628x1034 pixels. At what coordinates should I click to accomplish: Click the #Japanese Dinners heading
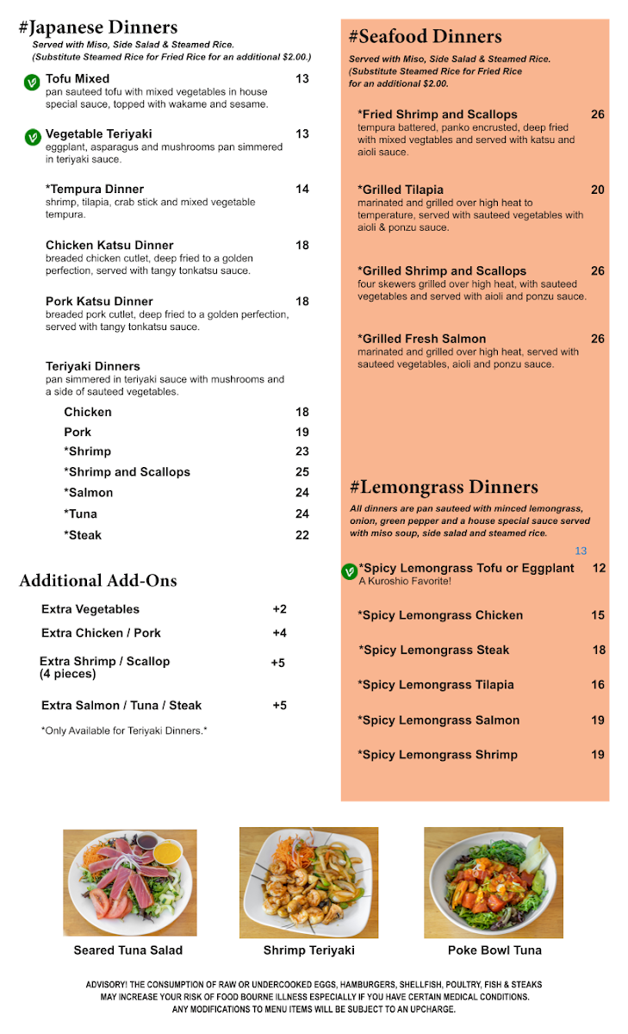(98, 28)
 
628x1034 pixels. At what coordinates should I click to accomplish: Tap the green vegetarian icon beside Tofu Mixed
(32, 83)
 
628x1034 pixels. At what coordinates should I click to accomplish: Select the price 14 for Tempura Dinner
(302, 189)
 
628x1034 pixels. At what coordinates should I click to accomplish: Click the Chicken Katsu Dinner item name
(109, 246)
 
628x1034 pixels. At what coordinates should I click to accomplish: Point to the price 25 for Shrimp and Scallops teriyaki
(302, 472)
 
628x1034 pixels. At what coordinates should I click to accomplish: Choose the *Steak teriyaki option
(83, 535)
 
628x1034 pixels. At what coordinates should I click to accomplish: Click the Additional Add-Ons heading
(98, 581)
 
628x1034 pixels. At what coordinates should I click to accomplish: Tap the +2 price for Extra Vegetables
(279, 609)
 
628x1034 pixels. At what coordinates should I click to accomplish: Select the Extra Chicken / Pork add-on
(101, 633)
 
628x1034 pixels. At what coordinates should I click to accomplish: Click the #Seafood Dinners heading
(425, 36)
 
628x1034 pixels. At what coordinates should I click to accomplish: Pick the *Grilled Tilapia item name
(401, 190)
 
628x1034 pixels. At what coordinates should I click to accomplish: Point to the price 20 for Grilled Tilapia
(598, 190)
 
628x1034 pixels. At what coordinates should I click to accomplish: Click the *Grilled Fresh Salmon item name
(421, 339)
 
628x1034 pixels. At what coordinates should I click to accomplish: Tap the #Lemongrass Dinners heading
(444, 488)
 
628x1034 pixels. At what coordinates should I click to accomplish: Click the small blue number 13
(581, 551)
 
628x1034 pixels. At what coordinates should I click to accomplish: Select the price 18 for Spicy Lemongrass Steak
(599, 651)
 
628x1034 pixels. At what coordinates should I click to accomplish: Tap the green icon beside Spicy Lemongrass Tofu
(349, 571)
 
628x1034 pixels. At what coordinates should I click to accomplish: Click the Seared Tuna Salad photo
(130, 882)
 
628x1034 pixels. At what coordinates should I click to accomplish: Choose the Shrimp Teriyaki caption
(308, 950)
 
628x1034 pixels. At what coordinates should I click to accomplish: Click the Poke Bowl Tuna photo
(493, 882)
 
